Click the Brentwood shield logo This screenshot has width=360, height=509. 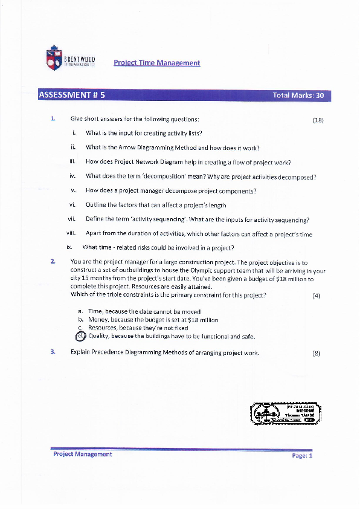[54, 59]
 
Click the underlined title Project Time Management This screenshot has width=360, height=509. [156, 63]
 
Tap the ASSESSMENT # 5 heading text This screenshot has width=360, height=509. [71, 95]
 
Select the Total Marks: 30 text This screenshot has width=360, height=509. [298, 96]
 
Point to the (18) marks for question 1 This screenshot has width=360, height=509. [318, 120]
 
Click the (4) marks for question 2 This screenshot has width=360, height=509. [317, 296]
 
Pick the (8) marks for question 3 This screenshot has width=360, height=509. [317, 353]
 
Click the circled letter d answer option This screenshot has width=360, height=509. [81, 336]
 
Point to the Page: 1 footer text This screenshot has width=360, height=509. [302, 456]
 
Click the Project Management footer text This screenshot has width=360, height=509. [82, 454]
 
